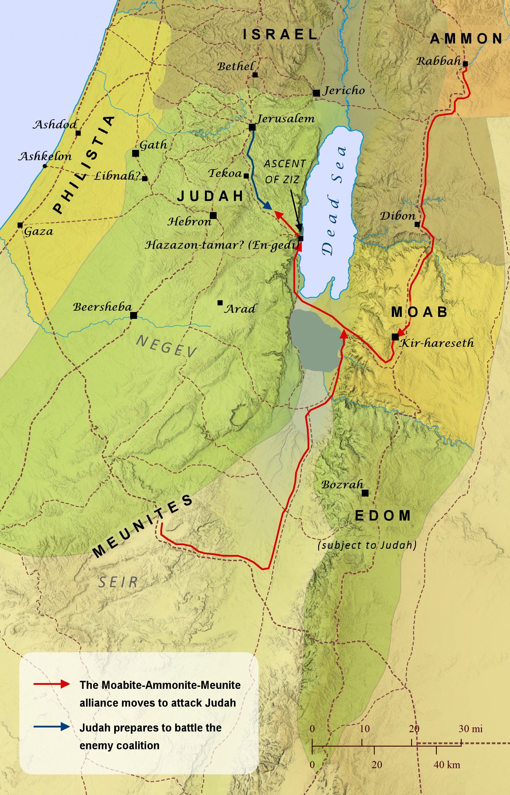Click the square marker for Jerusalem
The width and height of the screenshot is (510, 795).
[252, 127]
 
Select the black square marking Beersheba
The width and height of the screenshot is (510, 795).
[133, 315]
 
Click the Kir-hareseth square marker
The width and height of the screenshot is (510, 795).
[395, 337]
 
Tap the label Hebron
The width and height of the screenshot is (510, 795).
[189, 221]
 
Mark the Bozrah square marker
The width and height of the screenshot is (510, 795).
[365, 493]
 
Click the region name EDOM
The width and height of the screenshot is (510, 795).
[383, 516]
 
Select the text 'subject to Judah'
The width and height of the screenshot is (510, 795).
[367, 545]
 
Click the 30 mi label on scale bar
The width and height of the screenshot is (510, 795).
[470, 729]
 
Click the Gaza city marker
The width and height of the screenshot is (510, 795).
[20, 225]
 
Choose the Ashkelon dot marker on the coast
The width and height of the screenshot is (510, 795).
[45, 166]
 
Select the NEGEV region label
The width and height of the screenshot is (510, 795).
[167, 346]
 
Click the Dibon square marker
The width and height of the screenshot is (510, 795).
[417, 224]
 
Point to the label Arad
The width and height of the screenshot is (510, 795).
[240, 309]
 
